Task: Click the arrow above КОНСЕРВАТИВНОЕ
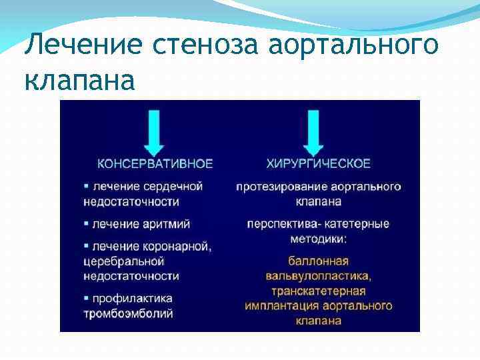[x=155, y=132]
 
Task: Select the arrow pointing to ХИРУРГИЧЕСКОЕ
[x=313, y=132]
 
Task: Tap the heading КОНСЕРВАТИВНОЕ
[x=155, y=163]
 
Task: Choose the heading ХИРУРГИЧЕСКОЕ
[x=319, y=163]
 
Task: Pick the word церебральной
[x=121, y=261]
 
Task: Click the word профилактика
[x=133, y=298]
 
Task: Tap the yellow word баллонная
[x=318, y=261]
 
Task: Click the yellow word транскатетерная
[x=318, y=291]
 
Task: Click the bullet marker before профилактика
[x=87, y=298]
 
